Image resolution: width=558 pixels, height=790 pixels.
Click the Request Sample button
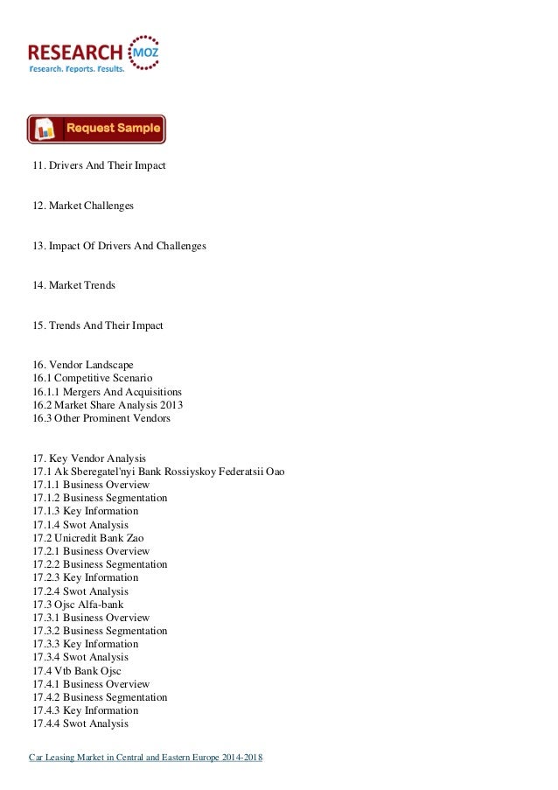(x=96, y=129)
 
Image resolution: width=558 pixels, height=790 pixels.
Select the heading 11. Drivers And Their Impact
(x=99, y=165)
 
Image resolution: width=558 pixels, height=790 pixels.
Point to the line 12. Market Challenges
(x=83, y=206)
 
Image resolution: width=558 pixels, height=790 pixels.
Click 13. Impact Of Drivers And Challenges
(x=119, y=246)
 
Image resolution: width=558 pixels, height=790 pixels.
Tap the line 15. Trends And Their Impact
(x=98, y=326)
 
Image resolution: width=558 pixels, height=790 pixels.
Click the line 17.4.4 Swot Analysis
(x=80, y=724)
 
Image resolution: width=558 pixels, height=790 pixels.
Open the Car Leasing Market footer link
(x=146, y=757)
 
